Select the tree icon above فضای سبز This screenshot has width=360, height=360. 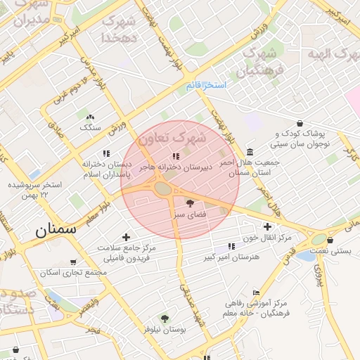pyautogui.click(x=190, y=202)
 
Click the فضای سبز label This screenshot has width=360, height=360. pyautogui.click(x=190, y=214)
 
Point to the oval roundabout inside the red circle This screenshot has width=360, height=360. pyautogui.click(x=163, y=188)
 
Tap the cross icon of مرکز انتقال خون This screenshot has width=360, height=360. pyautogui.click(x=267, y=226)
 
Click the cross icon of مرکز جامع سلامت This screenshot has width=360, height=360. pyautogui.click(x=126, y=237)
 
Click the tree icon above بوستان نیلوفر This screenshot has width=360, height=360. pyautogui.click(x=165, y=319)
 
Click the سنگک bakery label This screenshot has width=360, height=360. pyautogui.click(x=90, y=127)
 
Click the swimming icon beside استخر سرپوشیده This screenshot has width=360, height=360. pyautogui.click(x=35, y=174)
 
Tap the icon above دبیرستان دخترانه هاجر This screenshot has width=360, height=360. pyautogui.click(x=175, y=156)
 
